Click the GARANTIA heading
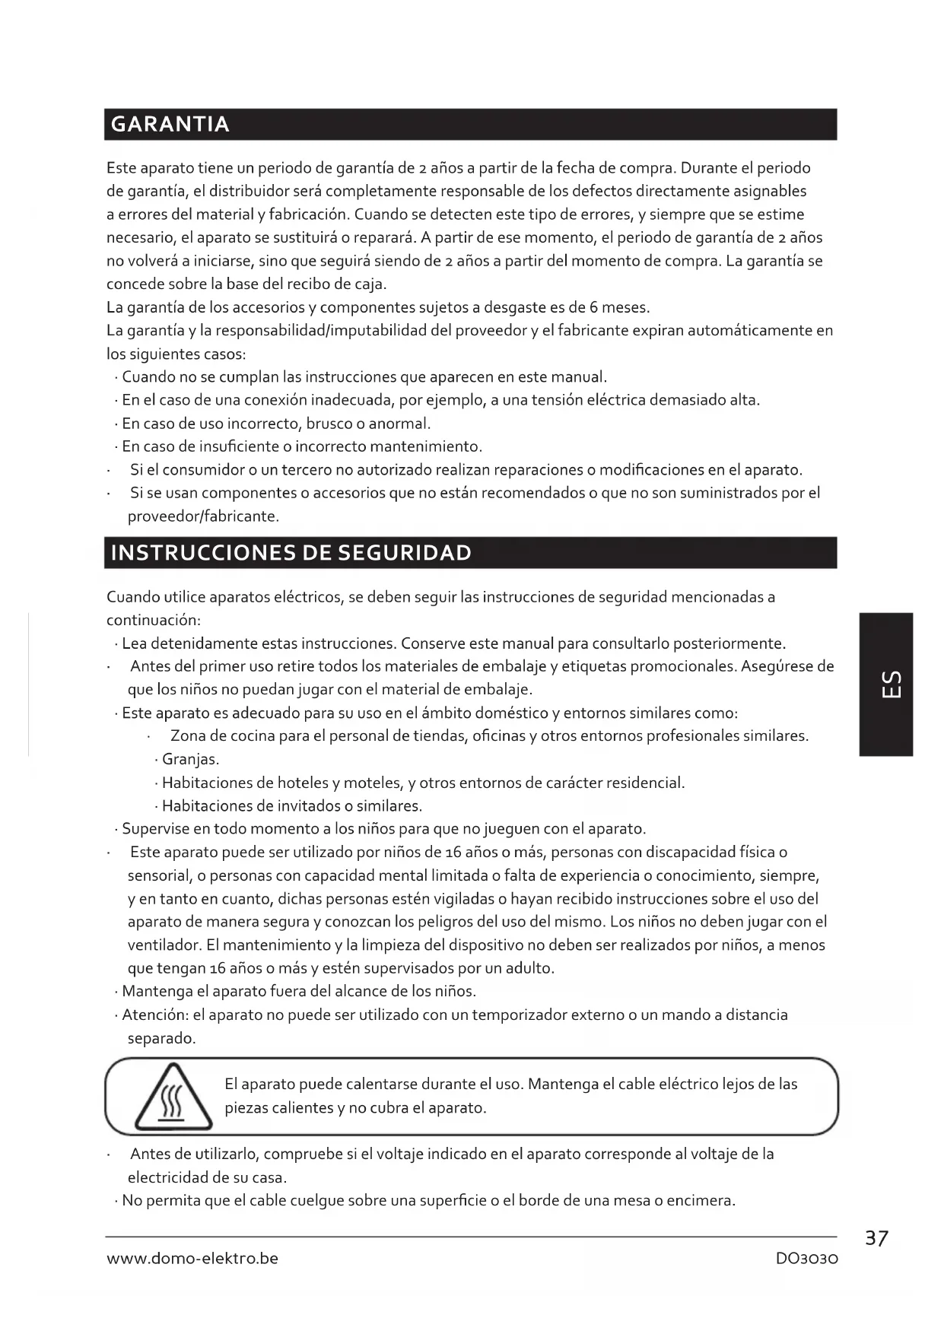tap(170, 125)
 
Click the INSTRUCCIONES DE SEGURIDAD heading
tap(291, 553)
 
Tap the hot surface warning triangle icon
tap(173, 1097)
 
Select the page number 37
tap(876, 1239)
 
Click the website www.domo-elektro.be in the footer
tap(192, 1259)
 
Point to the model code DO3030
tap(806, 1259)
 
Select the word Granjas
tap(190, 760)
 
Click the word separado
tap(161, 1038)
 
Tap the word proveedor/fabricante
tap(203, 516)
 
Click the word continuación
tap(153, 620)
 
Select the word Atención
tap(155, 1015)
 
